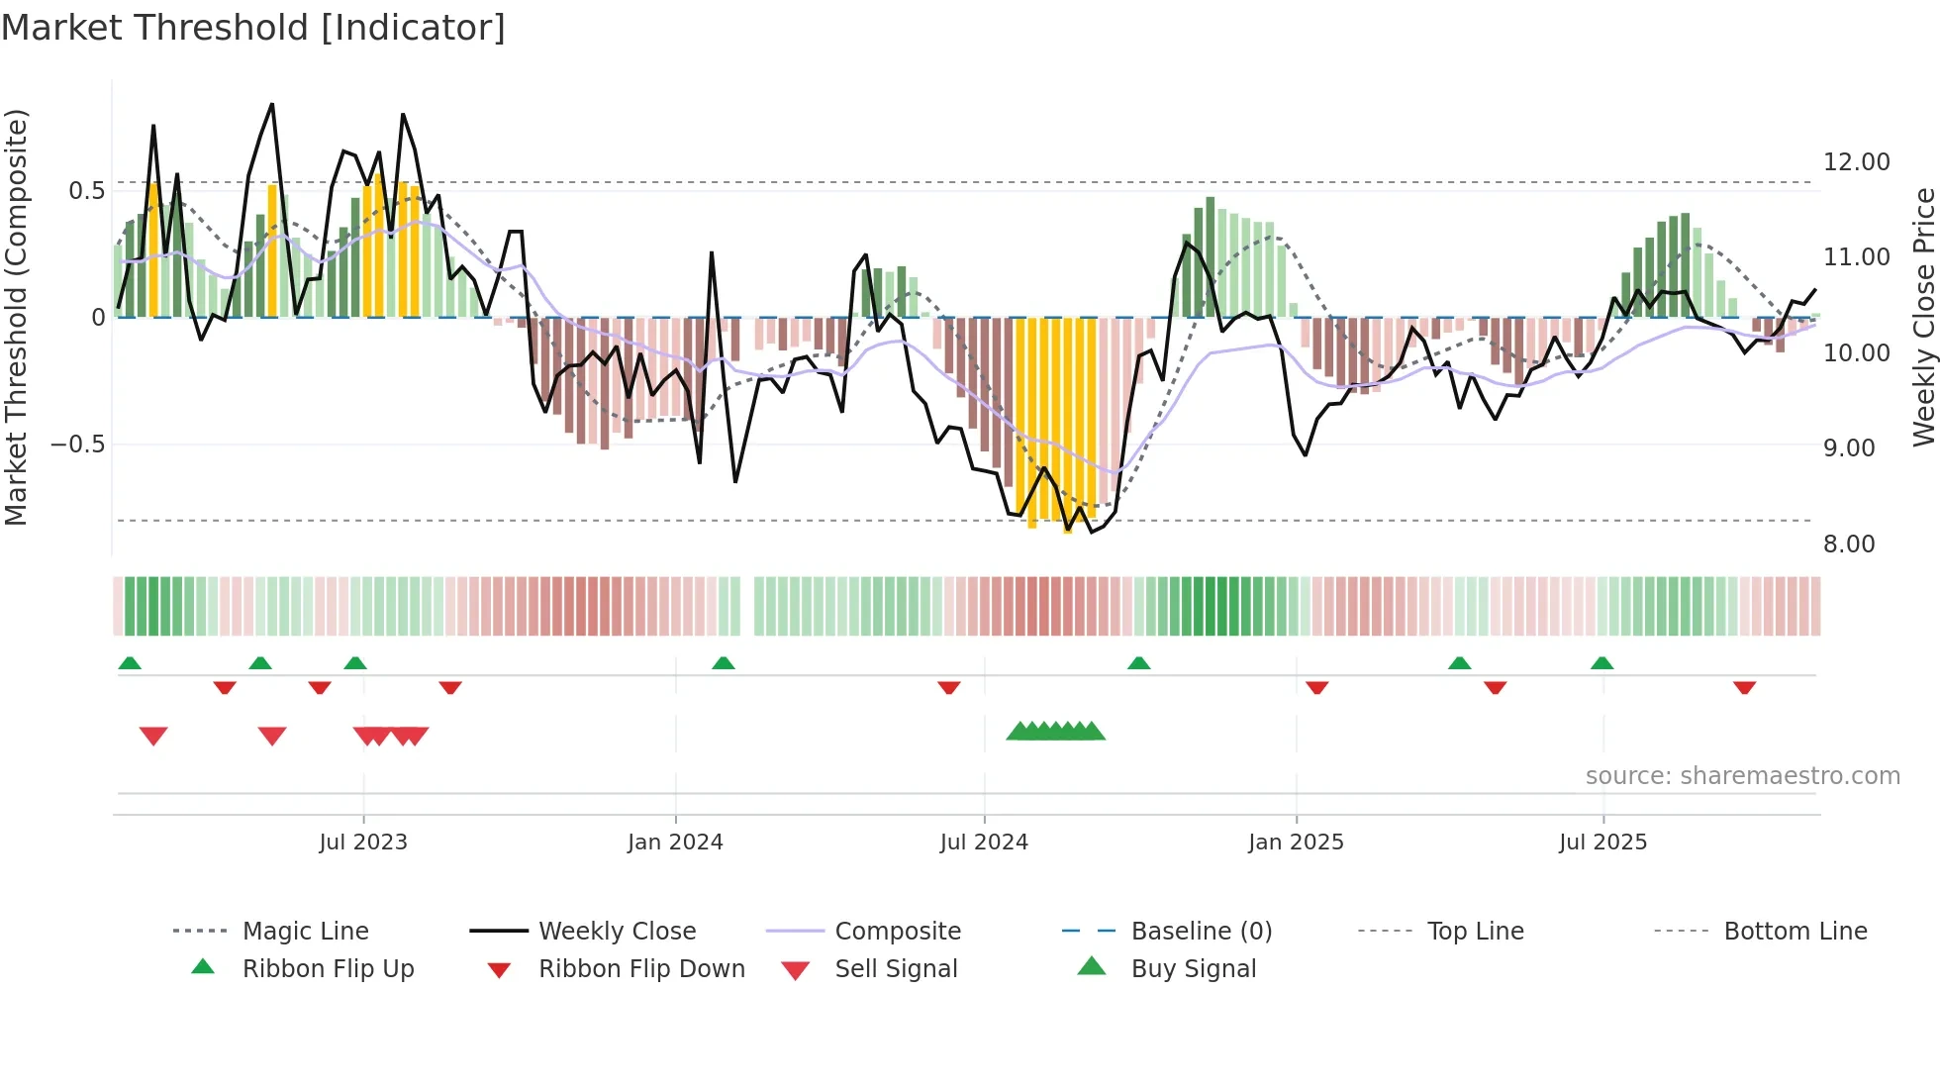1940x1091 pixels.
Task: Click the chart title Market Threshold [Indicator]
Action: click(253, 28)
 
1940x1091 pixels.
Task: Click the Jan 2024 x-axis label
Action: click(675, 843)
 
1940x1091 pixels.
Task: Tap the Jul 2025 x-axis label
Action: click(1602, 843)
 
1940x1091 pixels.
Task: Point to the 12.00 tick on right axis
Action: click(1856, 162)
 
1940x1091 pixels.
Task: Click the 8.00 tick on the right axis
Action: click(1849, 545)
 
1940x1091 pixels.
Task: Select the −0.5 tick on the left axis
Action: click(77, 445)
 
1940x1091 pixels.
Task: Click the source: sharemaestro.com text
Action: click(1742, 776)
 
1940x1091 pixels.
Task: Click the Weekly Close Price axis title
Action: click(1923, 317)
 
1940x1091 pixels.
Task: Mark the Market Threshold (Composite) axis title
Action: click(16, 317)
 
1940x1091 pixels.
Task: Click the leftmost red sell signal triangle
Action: click(153, 736)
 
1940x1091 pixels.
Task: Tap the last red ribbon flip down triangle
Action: click(1744, 687)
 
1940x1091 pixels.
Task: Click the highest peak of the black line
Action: click(272, 104)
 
